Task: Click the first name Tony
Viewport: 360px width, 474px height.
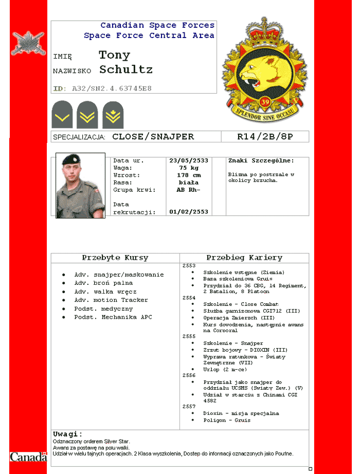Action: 114,55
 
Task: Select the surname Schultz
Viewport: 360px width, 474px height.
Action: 126,69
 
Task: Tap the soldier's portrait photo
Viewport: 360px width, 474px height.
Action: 80,186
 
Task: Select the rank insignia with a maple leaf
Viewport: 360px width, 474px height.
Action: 112,115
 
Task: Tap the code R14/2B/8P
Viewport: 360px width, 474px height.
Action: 265,137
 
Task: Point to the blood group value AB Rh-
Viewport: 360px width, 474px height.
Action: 189,190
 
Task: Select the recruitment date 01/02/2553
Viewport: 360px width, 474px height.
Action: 189,211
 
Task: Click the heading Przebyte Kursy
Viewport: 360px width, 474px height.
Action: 115,258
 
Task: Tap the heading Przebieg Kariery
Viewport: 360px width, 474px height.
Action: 244,258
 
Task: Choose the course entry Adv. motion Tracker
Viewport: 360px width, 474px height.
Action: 111,300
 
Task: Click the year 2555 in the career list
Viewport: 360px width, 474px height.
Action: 189,336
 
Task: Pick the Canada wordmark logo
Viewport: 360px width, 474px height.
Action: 28,457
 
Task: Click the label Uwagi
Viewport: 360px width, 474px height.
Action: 67,434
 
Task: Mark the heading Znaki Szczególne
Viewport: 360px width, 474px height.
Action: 261,160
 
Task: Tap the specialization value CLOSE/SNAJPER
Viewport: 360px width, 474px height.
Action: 153,137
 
